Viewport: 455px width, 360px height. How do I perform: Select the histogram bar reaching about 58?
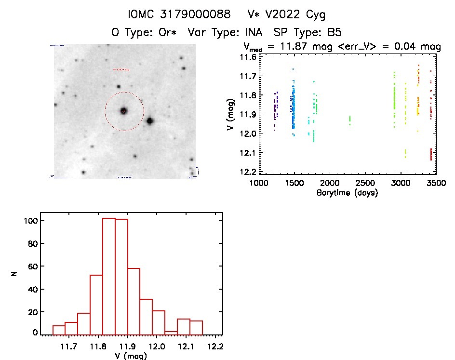[134, 301]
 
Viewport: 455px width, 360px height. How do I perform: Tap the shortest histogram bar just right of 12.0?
[171, 333]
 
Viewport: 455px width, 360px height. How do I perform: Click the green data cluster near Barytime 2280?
[350, 120]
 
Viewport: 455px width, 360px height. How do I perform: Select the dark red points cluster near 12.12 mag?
[430, 154]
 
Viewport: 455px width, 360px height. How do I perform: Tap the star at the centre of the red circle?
[123, 111]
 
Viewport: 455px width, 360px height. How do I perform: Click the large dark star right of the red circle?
[149, 121]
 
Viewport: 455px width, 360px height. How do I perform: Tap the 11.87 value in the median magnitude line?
[299, 47]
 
